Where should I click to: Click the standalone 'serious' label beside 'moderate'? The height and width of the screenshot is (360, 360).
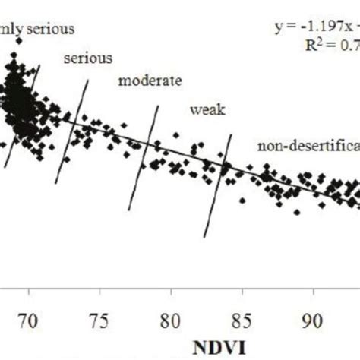89,58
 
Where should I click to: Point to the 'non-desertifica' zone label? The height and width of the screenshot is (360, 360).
308,146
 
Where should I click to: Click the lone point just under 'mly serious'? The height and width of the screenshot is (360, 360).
19,42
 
